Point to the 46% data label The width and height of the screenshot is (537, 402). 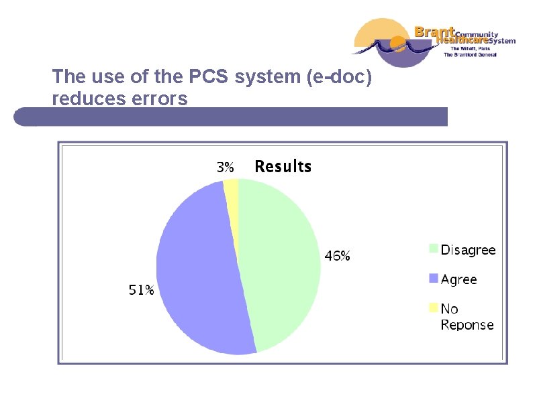coord(337,256)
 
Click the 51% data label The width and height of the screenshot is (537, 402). coord(141,290)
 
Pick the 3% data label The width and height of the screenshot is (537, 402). coord(225,167)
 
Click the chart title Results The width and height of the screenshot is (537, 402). coord(283,166)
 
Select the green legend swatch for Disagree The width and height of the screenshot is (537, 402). coord(434,249)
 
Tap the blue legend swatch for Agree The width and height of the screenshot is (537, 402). coord(434,278)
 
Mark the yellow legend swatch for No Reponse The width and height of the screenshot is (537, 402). coord(434,308)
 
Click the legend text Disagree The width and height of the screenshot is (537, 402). coord(468,250)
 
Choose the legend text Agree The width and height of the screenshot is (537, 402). coord(458,279)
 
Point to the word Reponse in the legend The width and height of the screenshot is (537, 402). coord(467,325)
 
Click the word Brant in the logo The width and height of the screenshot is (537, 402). coord(434,31)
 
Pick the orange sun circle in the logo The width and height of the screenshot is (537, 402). coord(398,44)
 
